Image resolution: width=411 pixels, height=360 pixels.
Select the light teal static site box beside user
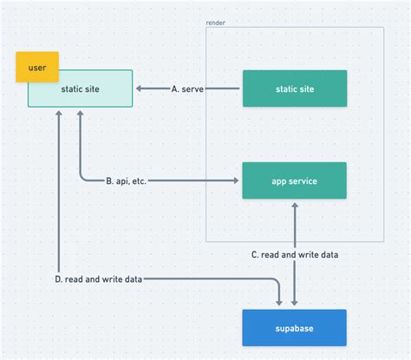click(80, 89)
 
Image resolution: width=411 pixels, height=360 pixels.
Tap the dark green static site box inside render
click(294, 88)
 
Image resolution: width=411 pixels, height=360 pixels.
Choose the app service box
click(294, 180)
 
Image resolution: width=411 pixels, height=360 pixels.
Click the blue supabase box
click(294, 328)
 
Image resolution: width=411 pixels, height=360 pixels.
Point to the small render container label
click(216, 23)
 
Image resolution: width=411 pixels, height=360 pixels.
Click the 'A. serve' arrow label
click(187, 88)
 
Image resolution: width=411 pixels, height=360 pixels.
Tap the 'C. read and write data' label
click(295, 254)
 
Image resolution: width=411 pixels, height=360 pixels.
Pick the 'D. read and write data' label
click(97, 279)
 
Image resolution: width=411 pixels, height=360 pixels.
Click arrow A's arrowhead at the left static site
click(140, 88)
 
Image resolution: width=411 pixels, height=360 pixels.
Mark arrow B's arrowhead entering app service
click(236, 180)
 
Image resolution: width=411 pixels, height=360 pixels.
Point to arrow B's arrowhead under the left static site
click(80, 114)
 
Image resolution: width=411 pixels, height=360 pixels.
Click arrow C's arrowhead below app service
click(295, 206)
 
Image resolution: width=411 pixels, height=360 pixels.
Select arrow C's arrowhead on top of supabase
click(295, 303)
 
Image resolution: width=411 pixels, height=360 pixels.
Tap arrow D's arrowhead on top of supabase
click(279, 303)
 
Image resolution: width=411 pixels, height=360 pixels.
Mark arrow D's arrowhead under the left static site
click(58, 114)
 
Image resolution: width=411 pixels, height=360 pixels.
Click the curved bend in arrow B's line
click(82, 178)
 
